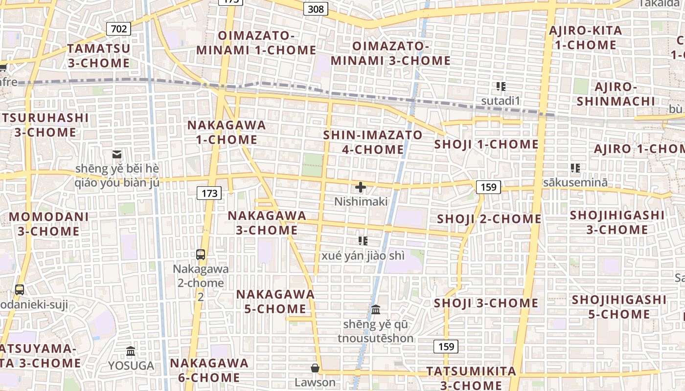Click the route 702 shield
[119, 29]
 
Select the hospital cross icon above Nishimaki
[361, 187]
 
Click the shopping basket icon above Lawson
[315, 368]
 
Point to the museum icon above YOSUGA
[131, 351]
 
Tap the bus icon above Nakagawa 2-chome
[201, 254]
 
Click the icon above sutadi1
[501, 87]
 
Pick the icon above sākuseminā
[575, 168]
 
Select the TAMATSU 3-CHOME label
[99, 56]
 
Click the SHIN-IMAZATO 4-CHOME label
[373, 142]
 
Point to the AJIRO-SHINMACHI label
[616, 94]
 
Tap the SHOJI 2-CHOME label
[489, 218]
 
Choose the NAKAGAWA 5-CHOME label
[275, 302]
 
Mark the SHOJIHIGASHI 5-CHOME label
[619, 306]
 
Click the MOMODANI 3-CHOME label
[49, 223]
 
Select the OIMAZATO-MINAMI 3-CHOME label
[390, 53]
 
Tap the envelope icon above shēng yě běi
[117, 154]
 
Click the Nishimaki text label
[361, 201]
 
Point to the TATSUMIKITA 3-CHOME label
[471, 378]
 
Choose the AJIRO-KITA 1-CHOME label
[586, 38]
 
